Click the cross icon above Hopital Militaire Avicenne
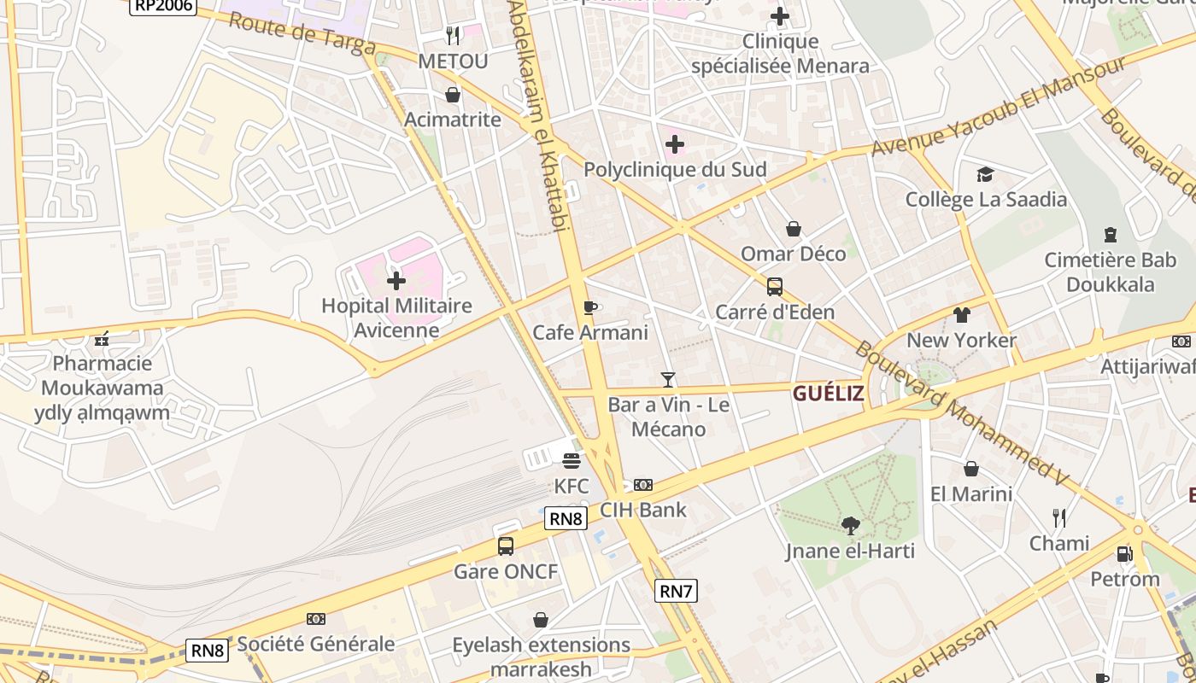(396, 280)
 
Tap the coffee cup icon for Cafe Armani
(589, 307)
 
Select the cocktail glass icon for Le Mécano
(668, 379)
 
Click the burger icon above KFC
(572, 461)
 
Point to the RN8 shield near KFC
(566, 518)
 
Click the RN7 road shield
(676, 590)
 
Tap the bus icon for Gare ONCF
(506, 546)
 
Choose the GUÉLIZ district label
(828, 394)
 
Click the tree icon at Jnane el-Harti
(850, 526)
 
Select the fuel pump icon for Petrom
(1124, 554)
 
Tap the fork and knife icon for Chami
(1059, 517)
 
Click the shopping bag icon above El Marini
(971, 469)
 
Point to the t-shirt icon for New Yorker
(962, 315)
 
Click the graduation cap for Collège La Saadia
(986, 174)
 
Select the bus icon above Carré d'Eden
(775, 287)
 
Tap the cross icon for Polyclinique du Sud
(675, 144)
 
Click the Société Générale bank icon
(316, 619)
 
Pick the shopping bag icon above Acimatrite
(453, 95)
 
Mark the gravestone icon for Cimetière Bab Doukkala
(1111, 234)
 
